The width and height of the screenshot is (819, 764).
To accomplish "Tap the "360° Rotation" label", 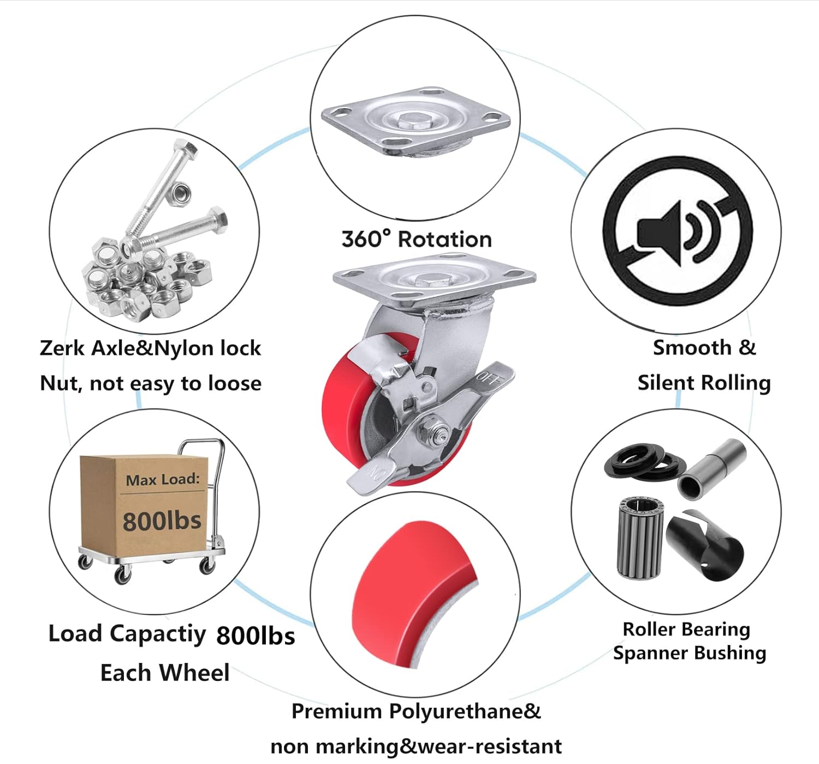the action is pyautogui.click(x=417, y=239).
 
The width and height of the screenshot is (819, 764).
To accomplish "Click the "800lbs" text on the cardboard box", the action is pyautogui.click(x=162, y=520).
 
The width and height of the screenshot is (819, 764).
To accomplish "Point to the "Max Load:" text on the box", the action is pyautogui.click(x=163, y=479).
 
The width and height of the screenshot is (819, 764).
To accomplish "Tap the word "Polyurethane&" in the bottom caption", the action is pyautogui.click(x=465, y=711).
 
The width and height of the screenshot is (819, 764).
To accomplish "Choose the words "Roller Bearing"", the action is pyautogui.click(x=686, y=629).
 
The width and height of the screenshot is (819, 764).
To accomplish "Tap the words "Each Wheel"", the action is pyautogui.click(x=164, y=673).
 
